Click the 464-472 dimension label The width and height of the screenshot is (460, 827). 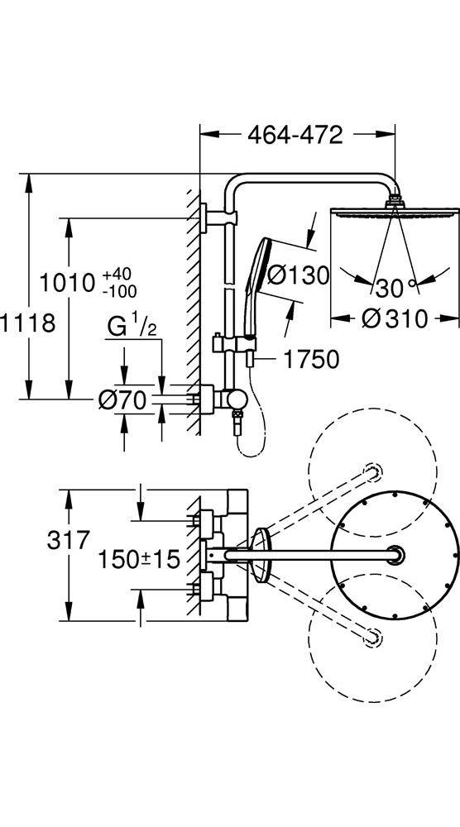pyautogui.click(x=295, y=135)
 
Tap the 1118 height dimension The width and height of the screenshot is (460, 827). pyautogui.click(x=27, y=323)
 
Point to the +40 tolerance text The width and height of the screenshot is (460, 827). pyautogui.click(x=117, y=275)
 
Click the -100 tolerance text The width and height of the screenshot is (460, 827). pyautogui.click(x=120, y=290)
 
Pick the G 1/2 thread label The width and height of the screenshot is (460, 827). pyautogui.click(x=132, y=327)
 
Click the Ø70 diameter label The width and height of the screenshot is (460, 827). pyautogui.click(x=122, y=401)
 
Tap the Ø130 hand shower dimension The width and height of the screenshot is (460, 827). pyautogui.click(x=298, y=275)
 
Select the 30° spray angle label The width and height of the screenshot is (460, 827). pyautogui.click(x=395, y=288)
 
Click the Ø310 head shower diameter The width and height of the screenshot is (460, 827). pyautogui.click(x=394, y=318)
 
